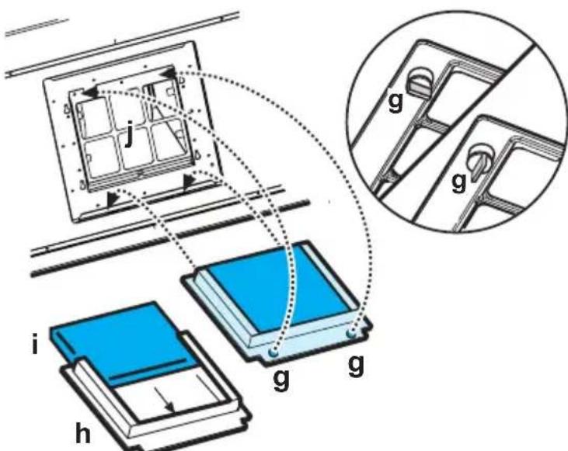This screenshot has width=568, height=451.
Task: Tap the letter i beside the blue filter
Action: pos(34,344)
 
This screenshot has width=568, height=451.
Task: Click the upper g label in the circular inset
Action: pos(396,102)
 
